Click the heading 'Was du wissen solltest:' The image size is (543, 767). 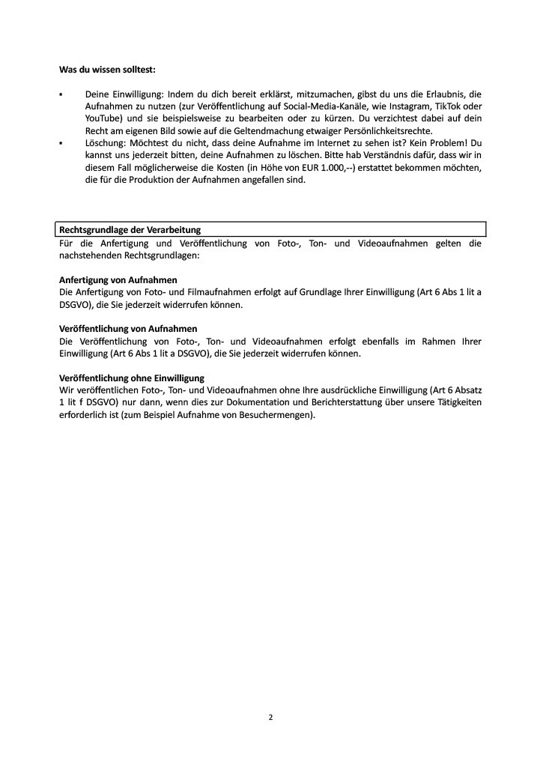point(107,70)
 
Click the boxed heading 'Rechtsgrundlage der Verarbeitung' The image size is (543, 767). point(130,229)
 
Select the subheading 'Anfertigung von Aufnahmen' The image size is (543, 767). point(118,279)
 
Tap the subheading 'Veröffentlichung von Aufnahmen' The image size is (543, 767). point(128,329)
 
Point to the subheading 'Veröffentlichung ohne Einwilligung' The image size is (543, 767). point(132,378)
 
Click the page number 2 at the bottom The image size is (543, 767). point(271,717)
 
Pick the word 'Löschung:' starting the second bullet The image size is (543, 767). point(106,143)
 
